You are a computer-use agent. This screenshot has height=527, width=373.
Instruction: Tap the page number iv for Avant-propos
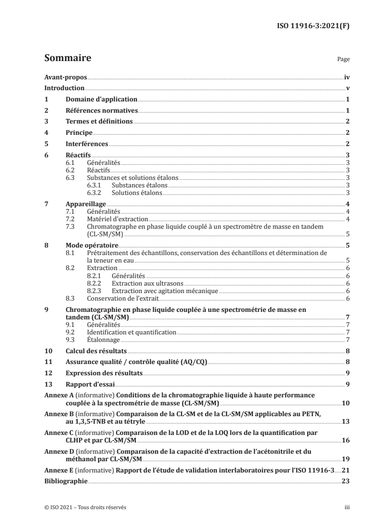[x=346, y=77]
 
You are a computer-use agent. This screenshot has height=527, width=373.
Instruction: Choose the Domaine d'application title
[x=101, y=100]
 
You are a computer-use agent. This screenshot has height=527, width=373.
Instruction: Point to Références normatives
[x=101, y=111]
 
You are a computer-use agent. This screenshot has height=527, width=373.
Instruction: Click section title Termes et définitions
[x=99, y=122]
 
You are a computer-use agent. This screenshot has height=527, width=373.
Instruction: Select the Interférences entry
[x=87, y=144]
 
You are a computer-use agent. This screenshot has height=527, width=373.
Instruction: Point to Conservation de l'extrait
[x=123, y=298]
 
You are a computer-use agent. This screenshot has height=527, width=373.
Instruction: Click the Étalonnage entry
[x=103, y=340]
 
